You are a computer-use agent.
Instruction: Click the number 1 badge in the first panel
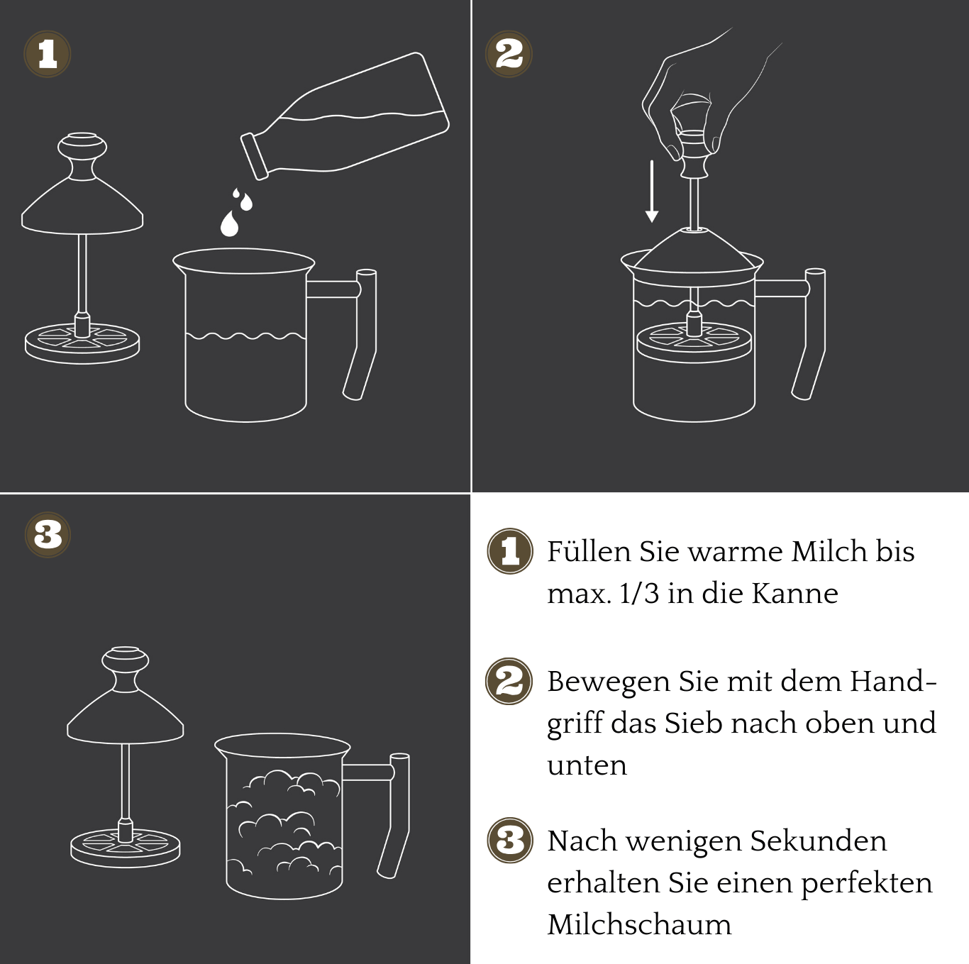coord(48,54)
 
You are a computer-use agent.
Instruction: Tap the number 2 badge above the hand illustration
coord(509,54)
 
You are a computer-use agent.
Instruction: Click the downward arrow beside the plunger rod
coord(651,192)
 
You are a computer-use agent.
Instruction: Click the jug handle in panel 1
coord(362,326)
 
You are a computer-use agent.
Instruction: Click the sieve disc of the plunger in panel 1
coord(82,343)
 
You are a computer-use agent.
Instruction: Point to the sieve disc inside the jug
coord(693,342)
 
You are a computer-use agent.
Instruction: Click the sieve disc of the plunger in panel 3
coord(126,847)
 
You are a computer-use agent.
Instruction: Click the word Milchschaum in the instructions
coord(638,925)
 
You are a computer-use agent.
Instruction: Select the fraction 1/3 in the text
coord(639,593)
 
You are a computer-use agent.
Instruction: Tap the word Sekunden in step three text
coord(818,841)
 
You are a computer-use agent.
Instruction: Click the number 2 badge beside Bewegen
coord(509,682)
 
